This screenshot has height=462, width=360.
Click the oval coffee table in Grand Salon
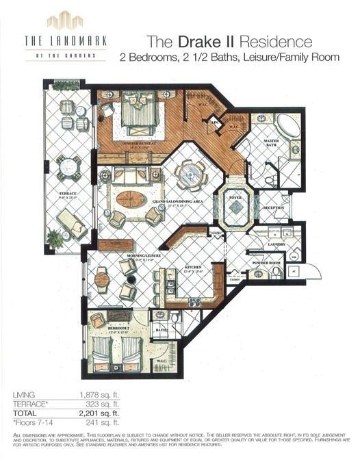coord(130,199)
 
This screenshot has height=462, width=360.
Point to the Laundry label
coord(277,243)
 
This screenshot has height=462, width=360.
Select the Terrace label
coord(67,194)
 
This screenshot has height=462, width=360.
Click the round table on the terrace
coord(68,166)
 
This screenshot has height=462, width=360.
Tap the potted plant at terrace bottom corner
coord(55,238)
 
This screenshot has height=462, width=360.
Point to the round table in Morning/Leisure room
coord(101,279)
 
